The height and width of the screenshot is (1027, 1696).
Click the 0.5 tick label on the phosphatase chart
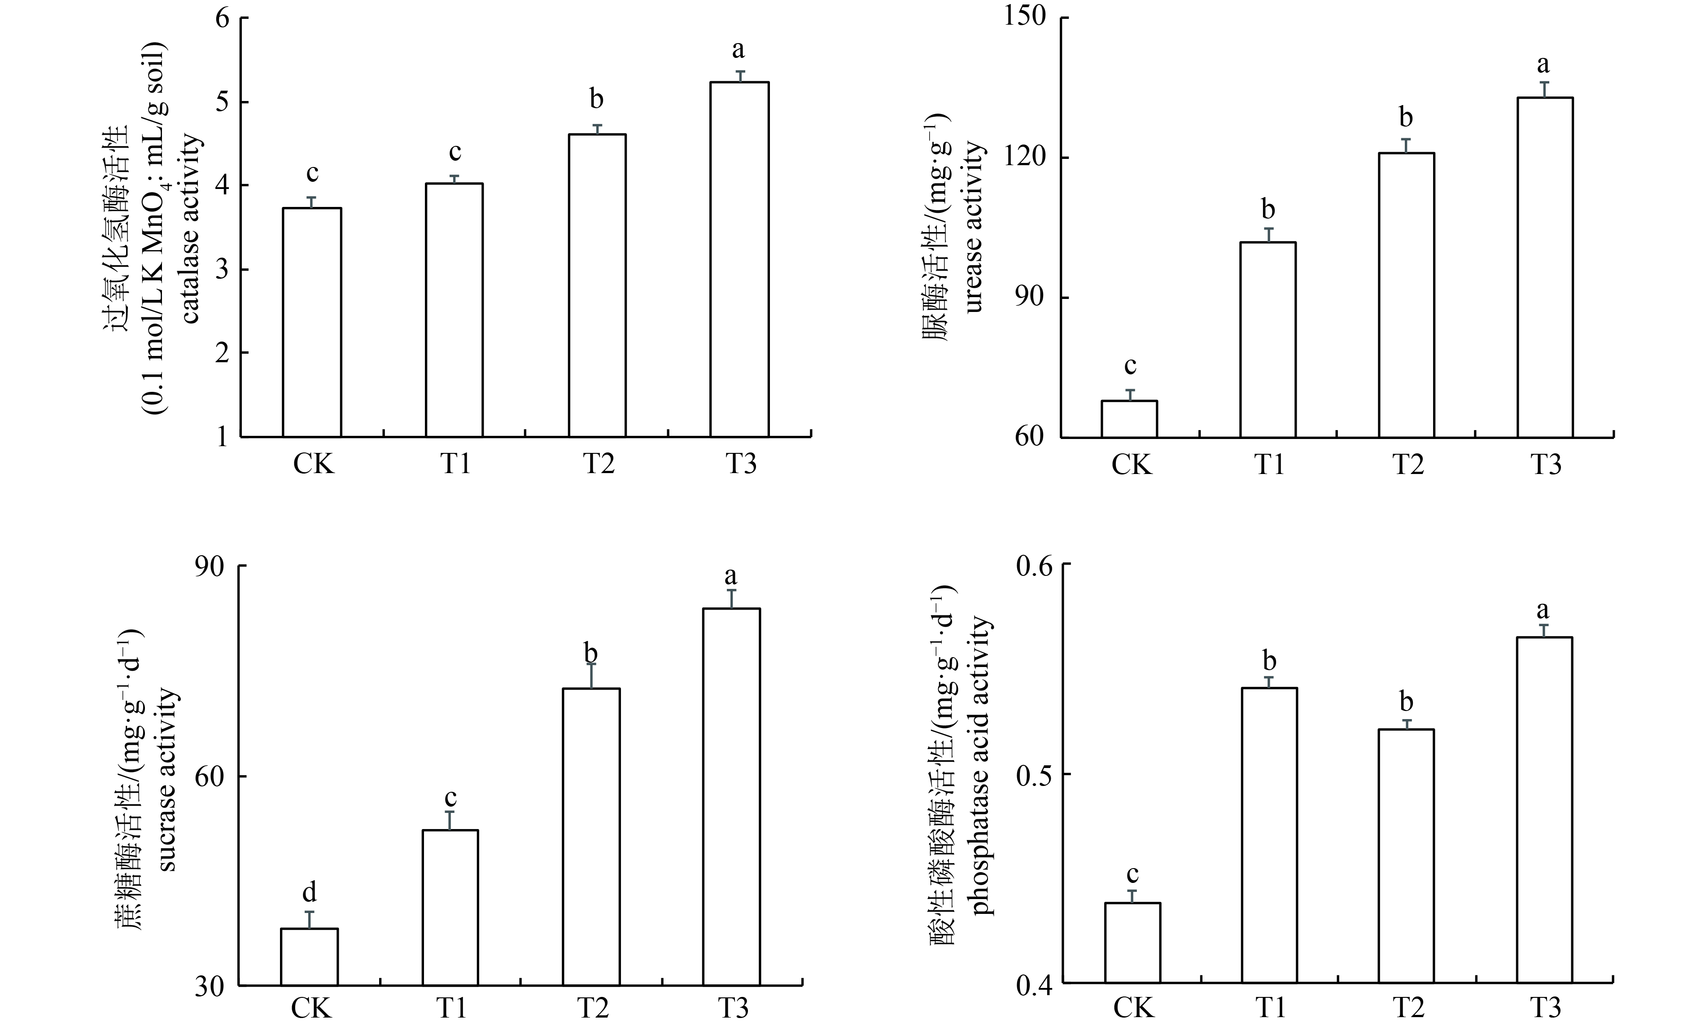[x=1035, y=775]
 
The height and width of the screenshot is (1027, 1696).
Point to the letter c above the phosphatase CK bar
[x=1132, y=874]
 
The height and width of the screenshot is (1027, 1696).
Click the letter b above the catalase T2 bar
[x=596, y=99]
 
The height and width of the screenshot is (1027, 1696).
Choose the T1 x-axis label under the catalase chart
[x=456, y=464]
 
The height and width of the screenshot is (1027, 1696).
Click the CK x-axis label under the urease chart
[x=1132, y=464]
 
